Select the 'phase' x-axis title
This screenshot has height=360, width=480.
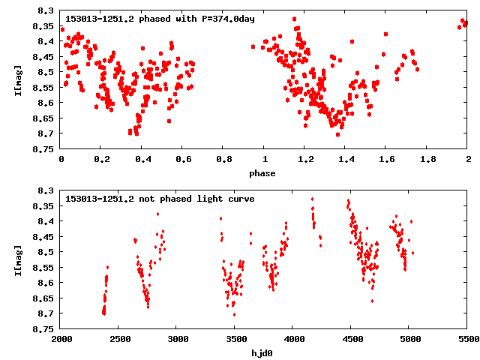point(263,173)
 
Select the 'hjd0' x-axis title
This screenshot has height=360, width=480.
point(263,353)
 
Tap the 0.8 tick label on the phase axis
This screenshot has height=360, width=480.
point(223,159)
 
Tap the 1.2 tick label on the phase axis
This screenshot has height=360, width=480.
point(304,159)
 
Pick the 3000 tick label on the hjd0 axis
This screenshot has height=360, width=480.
point(177,339)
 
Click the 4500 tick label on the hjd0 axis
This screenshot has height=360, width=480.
point(351,339)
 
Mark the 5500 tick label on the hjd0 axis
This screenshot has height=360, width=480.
point(467,339)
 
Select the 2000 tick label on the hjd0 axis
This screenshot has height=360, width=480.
point(61,339)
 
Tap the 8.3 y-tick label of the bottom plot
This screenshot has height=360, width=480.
point(46,190)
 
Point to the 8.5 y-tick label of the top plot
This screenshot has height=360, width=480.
point(46,72)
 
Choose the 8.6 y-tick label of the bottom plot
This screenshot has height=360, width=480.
point(46,283)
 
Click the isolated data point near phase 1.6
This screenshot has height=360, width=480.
point(385,34)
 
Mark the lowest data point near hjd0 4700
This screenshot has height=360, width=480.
point(372,301)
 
